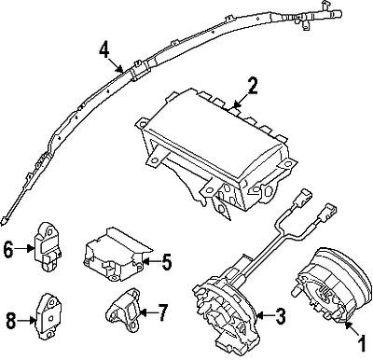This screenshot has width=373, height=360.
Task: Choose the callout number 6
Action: [7, 249]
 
